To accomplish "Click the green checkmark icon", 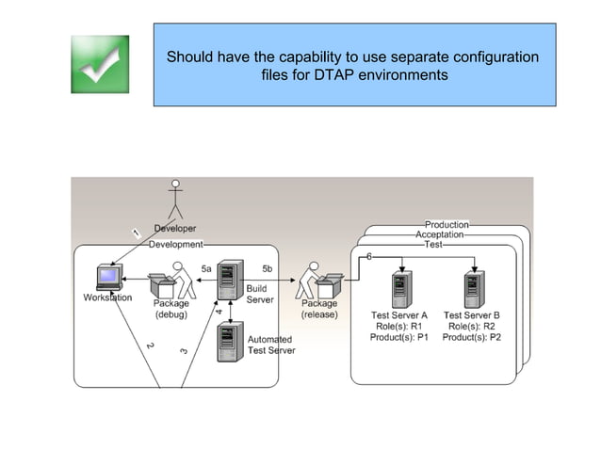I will (x=99, y=64).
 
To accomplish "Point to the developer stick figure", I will (x=175, y=201).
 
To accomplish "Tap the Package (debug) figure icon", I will (x=169, y=281).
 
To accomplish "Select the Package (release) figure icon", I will (x=318, y=281).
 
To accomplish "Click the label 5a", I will (x=206, y=269).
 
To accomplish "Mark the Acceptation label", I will (x=440, y=234).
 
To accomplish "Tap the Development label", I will (x=176, y=244).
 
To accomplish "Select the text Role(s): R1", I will (x=399, y=326).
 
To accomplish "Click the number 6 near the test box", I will (x=368, y=256).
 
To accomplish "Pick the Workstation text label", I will (x=107, y=297).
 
